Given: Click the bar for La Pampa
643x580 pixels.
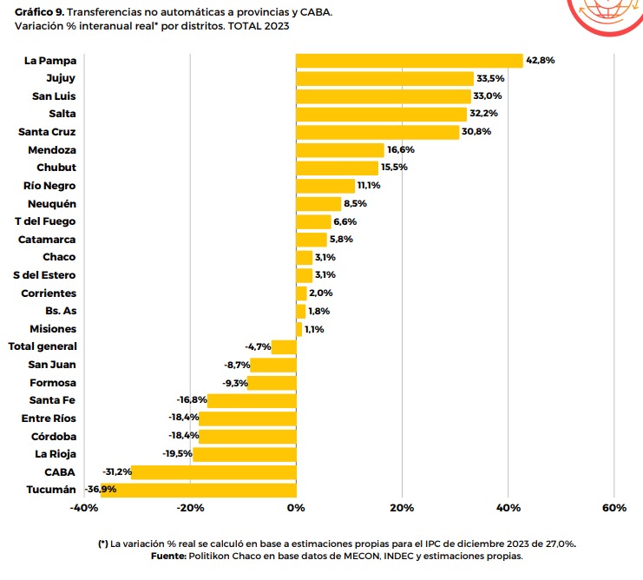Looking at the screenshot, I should (x=409, y=60).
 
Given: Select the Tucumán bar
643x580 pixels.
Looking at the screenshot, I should (x=198, y=490).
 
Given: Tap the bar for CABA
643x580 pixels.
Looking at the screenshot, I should (x=213, y=472).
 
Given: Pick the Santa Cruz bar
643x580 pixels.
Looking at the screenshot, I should (x=377, y=132).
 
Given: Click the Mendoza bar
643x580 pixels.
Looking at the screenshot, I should (x=339, y=150).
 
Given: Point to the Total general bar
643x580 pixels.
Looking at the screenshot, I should (x=284, y=346).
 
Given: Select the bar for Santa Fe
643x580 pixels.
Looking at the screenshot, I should (x=252, y=400).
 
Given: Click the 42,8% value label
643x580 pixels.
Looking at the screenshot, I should (x=541, y=60).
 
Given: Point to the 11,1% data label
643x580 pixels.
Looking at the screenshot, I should (x=371, y=186).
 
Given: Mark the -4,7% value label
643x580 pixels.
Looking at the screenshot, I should (x=258, y=346).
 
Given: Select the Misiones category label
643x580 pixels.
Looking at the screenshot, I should (x=53, y=329).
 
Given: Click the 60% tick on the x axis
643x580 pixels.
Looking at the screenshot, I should (x=613, y=507).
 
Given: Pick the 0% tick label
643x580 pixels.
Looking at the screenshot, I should (x=296, y=507).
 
